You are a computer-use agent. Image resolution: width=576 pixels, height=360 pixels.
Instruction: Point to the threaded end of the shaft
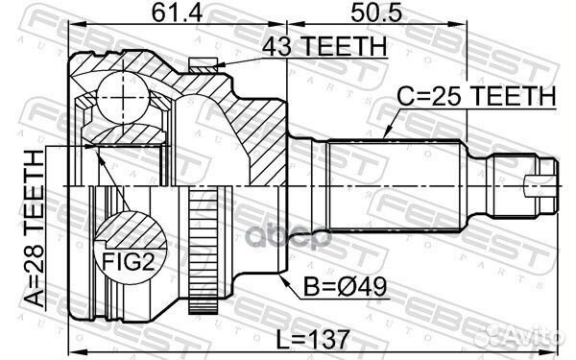524,181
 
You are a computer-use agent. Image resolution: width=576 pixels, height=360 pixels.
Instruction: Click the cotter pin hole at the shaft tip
537,181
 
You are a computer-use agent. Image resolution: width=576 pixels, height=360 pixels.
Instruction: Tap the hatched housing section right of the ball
240,125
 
